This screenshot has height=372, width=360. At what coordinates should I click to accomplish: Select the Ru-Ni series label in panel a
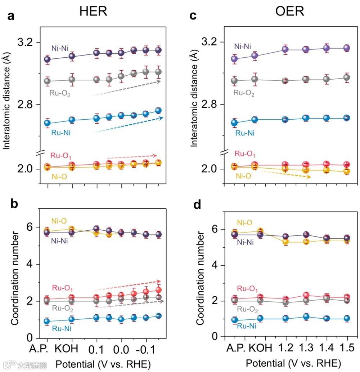click(x=61, y=132)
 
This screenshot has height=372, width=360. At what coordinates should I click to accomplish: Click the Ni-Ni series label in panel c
click(x=243, y=46)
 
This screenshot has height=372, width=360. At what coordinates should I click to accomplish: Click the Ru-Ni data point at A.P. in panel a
click(x=47, y=123)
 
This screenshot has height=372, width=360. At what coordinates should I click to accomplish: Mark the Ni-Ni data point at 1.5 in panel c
click(x=347, y=48)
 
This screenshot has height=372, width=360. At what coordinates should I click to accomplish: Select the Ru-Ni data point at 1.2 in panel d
click(x=285, y=318)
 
